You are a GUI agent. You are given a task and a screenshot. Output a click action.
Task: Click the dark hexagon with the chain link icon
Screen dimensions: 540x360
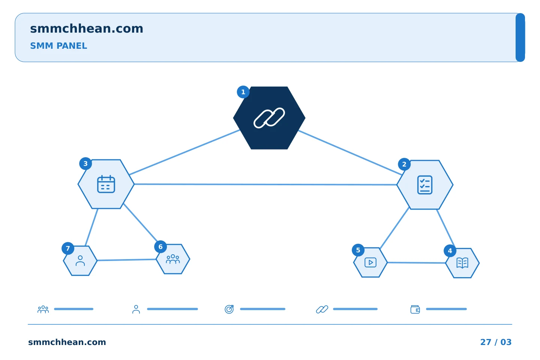click(x=269, y=118)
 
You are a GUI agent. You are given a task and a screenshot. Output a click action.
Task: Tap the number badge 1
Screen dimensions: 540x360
click(x=243, y=92)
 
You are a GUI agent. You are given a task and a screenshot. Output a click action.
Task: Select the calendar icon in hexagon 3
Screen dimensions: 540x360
click(x=106, y=184)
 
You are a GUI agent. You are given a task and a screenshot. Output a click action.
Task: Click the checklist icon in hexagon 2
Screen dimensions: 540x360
click(x=425, y=185)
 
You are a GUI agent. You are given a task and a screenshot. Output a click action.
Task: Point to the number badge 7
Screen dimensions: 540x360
click(x=68, y=248)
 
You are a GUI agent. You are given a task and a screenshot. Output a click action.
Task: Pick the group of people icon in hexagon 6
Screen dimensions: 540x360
click(x=173, y=259)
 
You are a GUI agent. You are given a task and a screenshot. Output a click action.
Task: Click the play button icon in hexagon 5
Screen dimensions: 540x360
click(x=370, y=262)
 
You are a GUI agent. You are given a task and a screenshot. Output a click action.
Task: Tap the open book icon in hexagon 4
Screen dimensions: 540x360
click(x=462, y=263)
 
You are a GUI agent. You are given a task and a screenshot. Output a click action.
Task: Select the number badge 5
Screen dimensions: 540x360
click(x=358, y=250)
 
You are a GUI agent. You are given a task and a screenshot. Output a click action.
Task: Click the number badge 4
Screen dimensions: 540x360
click(x=450, y=251)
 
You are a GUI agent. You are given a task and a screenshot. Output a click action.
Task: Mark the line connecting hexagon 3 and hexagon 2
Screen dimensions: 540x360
click(x=265, y=184)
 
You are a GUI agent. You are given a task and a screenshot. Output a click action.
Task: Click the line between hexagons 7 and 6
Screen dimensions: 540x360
click(x=127, y=260)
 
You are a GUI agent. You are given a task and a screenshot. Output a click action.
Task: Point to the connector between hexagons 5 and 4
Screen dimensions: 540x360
click(x=416, y=262)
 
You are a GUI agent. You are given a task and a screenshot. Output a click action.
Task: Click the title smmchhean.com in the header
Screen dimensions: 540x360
click(x=87, y=28)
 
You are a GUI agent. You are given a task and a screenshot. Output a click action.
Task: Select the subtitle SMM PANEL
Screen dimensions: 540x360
click(x=58, y=46)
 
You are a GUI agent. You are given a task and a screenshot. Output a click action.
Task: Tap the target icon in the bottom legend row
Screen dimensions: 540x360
click(x=229, y=309)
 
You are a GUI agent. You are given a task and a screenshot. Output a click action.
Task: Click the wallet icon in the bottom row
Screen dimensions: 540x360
click(x=415, y=309)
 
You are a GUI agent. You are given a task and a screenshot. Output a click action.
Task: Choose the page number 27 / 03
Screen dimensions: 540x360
click(x=496, y=342)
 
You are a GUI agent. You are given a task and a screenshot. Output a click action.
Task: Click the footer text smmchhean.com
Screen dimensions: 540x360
click(x=67, y=342)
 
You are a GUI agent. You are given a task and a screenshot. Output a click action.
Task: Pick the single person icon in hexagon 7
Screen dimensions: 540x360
click(x=80, y=261)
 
